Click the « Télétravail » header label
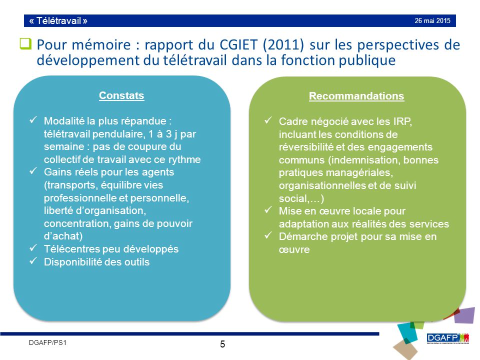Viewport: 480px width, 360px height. [58, 21]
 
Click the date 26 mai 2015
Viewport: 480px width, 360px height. [432, 21]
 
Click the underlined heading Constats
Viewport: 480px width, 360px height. [121, 95]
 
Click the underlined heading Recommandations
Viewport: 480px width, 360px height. [356, 96]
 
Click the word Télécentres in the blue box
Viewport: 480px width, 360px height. [69, 248]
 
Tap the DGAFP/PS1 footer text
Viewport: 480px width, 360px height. [47, 342]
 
